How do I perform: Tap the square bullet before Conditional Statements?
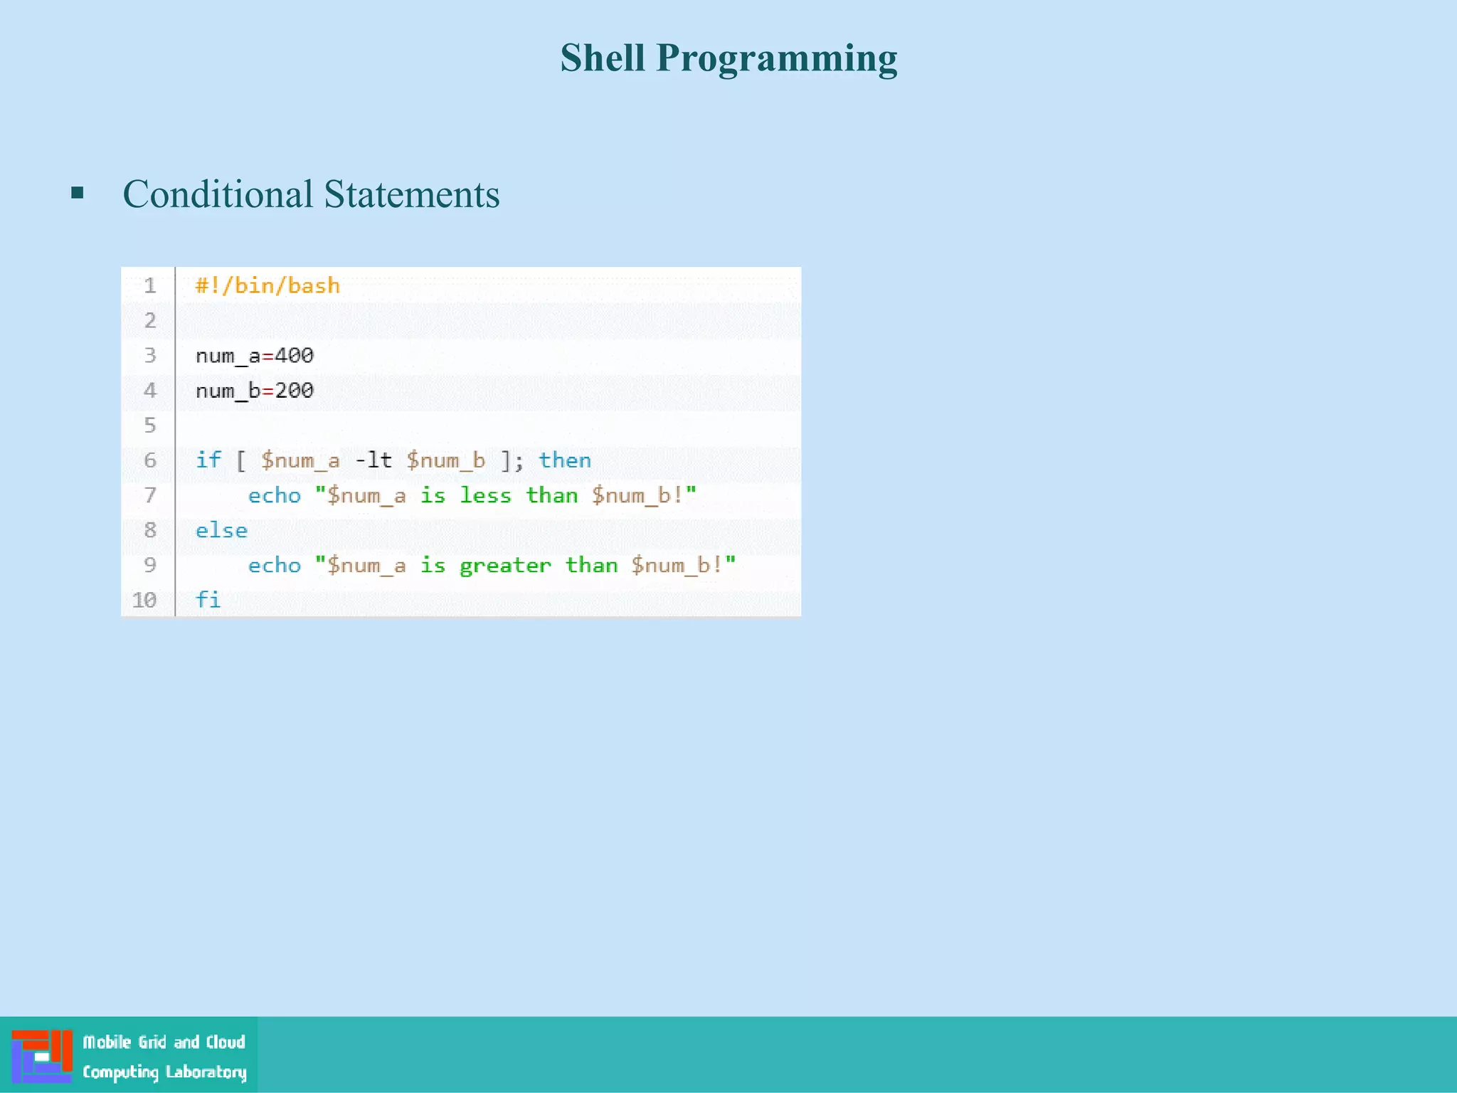click(x=78, y=193)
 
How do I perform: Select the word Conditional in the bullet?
click(x=218, y=194)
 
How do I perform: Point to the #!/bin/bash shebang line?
click(x=267, y=286)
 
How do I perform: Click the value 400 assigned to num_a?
click(x=295, y=355)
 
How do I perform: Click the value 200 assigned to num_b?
click(x=295, y=390)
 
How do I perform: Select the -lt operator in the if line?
click(x=373, y=460)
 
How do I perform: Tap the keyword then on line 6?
click(x=564, y=460)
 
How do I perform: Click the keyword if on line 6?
click(x=208, y=460)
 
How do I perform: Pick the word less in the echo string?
click(x=485, y=495)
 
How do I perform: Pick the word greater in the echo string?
click(x=505, y=566)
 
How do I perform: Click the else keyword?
click(x=221, y=531)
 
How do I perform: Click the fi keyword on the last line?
click(x=208, y=600)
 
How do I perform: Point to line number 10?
click(x=144, y=600)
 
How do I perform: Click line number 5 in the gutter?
click(x=150, y=426)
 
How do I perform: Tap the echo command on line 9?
click(x=274, y=566)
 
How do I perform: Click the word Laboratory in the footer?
click(x=206, y=1072)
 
